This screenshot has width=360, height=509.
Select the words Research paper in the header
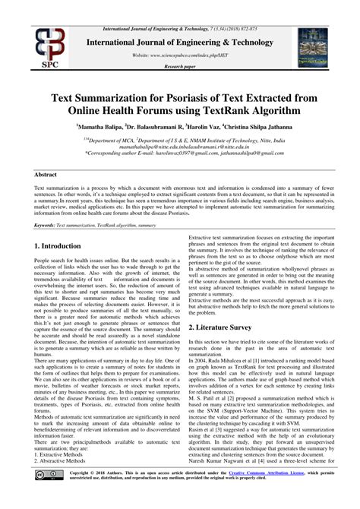[x=179, y=67]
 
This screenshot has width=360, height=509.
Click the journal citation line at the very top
[x=179, y=6]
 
